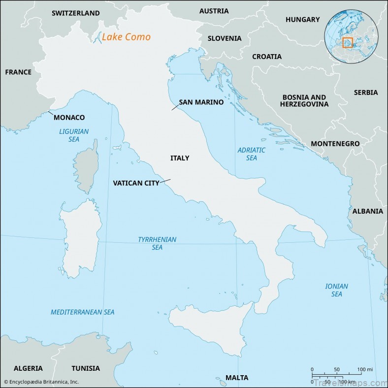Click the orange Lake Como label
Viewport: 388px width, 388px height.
point(126,37)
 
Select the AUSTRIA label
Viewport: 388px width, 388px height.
point(214,11)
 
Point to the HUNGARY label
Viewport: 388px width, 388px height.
point(302,20)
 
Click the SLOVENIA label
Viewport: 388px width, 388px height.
point(225,38)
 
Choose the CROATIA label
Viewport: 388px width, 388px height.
point(267,57)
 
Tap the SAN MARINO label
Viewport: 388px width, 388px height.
point(201,102)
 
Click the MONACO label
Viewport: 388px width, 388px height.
point(69,118)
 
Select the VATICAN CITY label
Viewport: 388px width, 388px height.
point(136,183)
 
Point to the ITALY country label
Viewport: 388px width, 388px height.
point(180,158)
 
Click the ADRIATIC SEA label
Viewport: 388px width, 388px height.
point(252,154)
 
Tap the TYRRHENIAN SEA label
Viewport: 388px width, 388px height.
point(157,243)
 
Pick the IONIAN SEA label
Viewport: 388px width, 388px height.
point(337,290)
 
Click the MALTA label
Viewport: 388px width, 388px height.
point(237,378)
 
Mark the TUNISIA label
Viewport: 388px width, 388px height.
point(86,368)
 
